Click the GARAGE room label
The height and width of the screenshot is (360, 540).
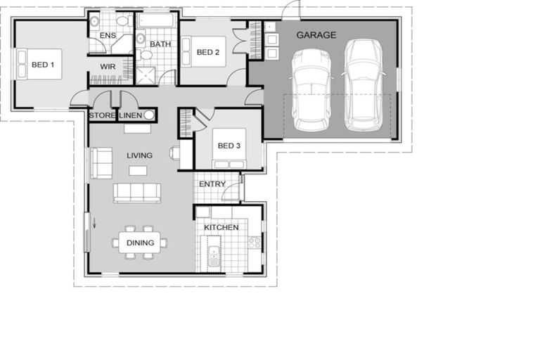click(x=316, y=35)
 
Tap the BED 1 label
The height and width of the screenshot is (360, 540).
click(x=43, y=65)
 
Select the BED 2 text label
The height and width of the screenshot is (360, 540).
click(x=208, y=52)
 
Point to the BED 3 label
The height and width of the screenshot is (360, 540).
click(x=229, y=146)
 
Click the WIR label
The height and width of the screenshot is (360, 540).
click(x=108, y=67)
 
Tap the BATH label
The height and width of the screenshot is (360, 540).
click(x=160, y=44)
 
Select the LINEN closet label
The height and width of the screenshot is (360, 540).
click(x=131, y=115)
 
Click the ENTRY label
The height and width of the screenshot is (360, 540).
click(x=212, y=185)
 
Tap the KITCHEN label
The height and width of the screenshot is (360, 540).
click(x=221, y=227)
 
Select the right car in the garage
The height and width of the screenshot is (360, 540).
click(x=363, y=84)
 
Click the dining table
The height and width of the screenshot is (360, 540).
click(x=139, y=243)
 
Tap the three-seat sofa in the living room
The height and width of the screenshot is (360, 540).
click(x=137, y=193)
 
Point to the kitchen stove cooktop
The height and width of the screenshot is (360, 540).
click(x=254, y=243)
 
